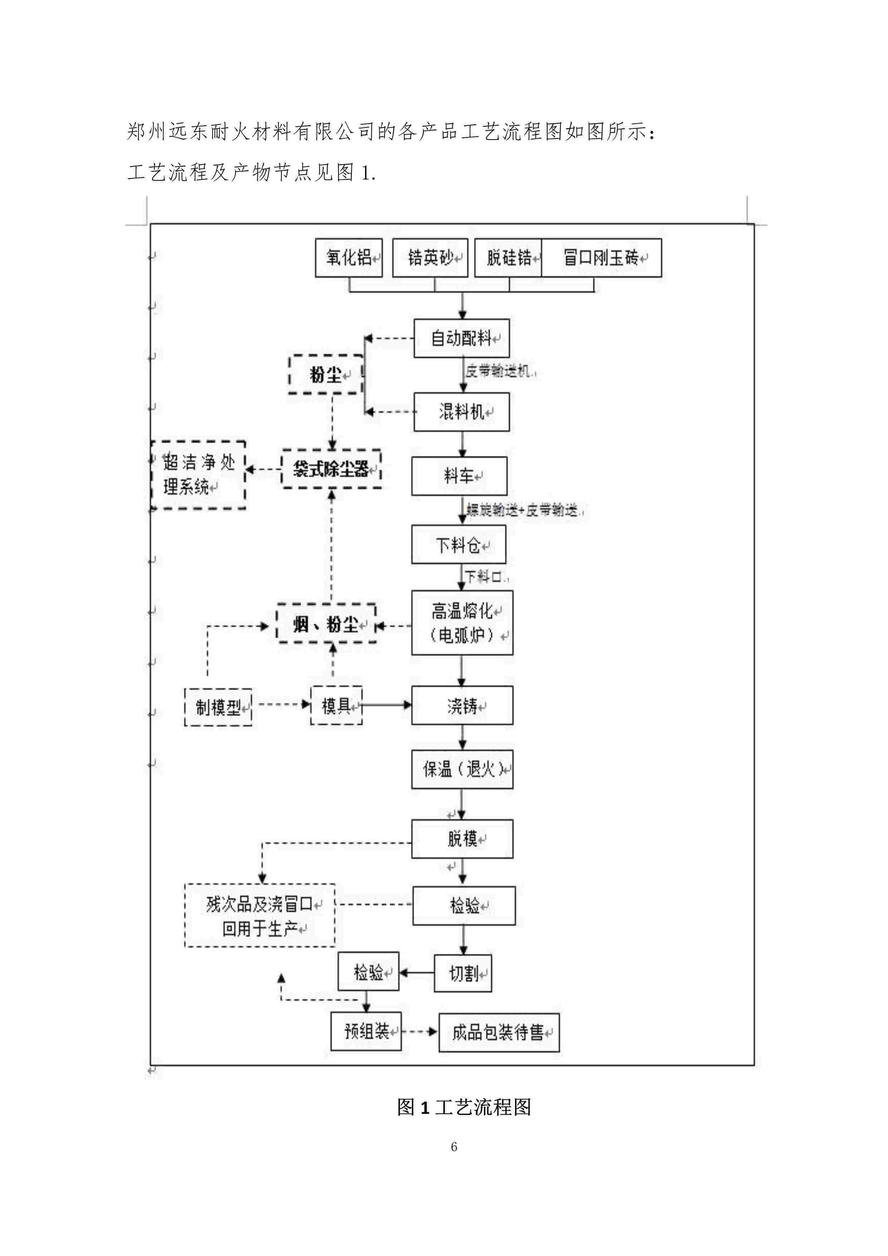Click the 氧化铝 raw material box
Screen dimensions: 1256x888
coord(348,258)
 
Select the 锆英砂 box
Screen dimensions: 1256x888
coord(430,258)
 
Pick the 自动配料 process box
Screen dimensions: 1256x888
coord(461,338)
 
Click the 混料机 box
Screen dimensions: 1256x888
coord(461,412)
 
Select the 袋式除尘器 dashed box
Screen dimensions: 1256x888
coord(331,469)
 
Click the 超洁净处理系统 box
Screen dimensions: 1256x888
coord(198,475)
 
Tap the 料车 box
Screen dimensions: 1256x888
coord(459,476)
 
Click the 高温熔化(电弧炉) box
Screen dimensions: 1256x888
coord(462,623)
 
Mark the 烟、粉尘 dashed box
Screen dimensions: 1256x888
coord(326,624)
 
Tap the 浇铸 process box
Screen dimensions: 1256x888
coord(462,706)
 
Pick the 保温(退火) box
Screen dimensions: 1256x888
coord(462,769)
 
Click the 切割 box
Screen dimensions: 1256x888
coord(462,973)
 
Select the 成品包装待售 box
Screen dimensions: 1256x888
coord(499,1032)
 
